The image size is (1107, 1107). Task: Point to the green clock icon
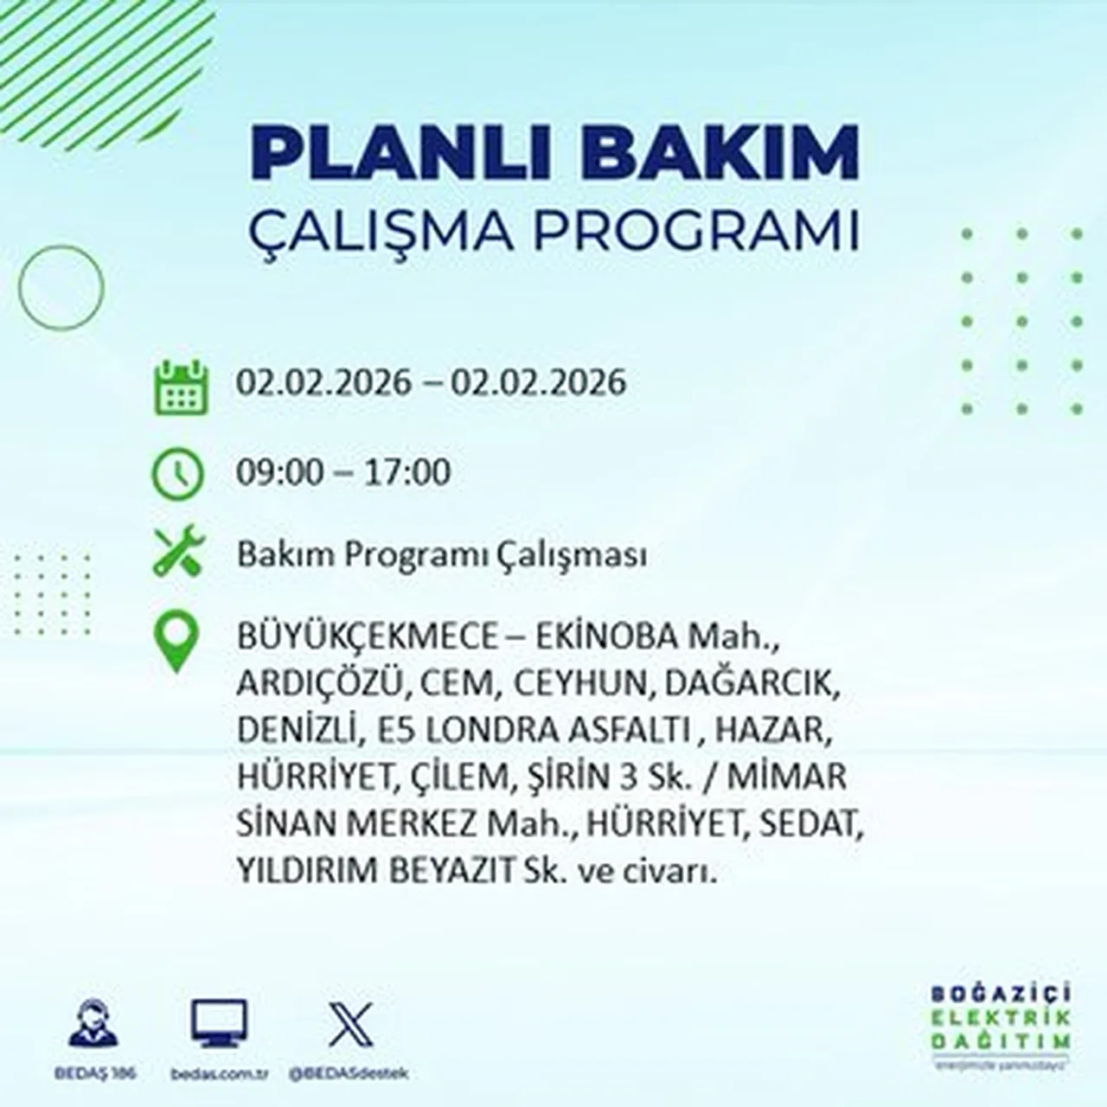178,474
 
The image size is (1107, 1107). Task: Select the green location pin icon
176,642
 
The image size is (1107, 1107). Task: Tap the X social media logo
351,1024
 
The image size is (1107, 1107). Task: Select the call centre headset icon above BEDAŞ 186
93,1024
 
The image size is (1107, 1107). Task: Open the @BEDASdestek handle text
349,1073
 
